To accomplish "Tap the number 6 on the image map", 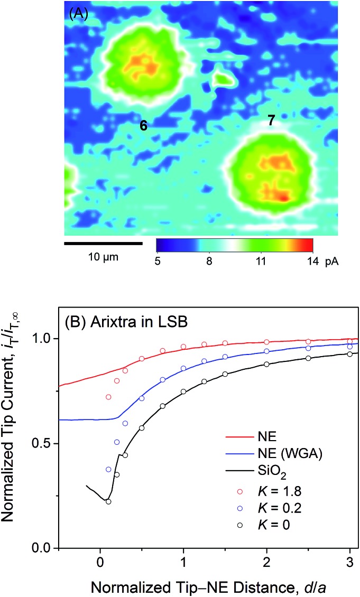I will click(143, 125).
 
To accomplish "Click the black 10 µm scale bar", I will click(103, 244).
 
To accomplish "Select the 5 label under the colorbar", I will click(158, 260).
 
